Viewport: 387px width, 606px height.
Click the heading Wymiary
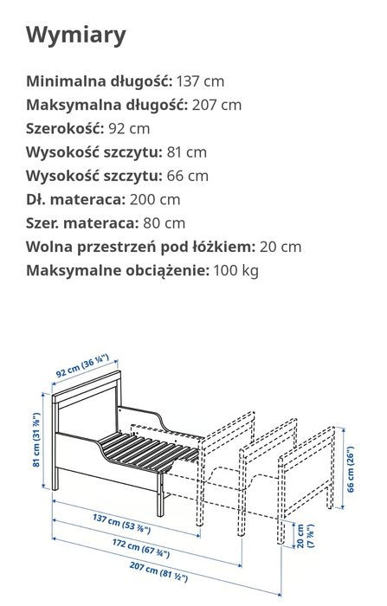[x=76, y=35]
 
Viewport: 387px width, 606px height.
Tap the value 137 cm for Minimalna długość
[x=200, y=81]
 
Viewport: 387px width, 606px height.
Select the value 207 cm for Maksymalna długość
[x=218, y=105]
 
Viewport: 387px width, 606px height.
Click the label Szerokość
[x=64, y=128]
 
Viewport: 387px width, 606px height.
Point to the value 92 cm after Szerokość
[x=129, y=128]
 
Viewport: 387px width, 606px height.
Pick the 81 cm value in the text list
[x=187, y=151]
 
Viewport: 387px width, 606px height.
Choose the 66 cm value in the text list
[x=187, y=175]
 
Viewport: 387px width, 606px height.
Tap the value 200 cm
[x=157, y=198]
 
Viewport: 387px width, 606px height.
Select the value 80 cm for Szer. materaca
[x=163, y=222]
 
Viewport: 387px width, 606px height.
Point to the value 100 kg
[x=235, y=269]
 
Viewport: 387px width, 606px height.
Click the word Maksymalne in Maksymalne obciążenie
[x=73, y=269]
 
